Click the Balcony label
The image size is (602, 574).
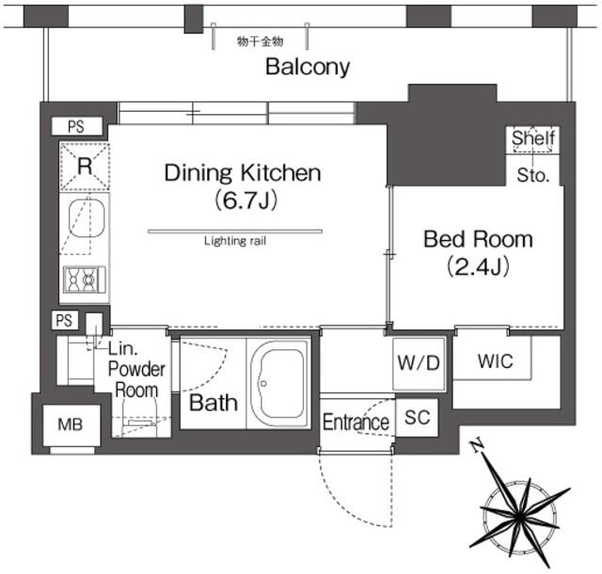point(308,67)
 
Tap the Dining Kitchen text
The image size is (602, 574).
point(243,173)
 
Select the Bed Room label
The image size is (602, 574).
point(478,239)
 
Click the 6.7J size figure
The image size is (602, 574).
point(246,200)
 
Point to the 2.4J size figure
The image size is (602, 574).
point(478,266)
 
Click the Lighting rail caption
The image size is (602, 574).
point(235,241)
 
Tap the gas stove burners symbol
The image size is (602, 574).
point(85,279)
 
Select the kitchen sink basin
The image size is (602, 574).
point(87,218)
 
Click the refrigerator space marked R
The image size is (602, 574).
point(85,167)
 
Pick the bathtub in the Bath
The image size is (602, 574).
point(278,384)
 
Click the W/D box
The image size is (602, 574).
point(419,363)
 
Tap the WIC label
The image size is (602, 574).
point(496,361)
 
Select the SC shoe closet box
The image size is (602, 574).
point(417,418)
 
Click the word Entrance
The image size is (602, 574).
point(356,423)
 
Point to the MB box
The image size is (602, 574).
point(71,425)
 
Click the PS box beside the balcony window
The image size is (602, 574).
point(77,126)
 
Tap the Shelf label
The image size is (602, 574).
point(533,137)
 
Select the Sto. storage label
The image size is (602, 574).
point(533,175)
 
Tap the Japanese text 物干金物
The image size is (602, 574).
point(260,41)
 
